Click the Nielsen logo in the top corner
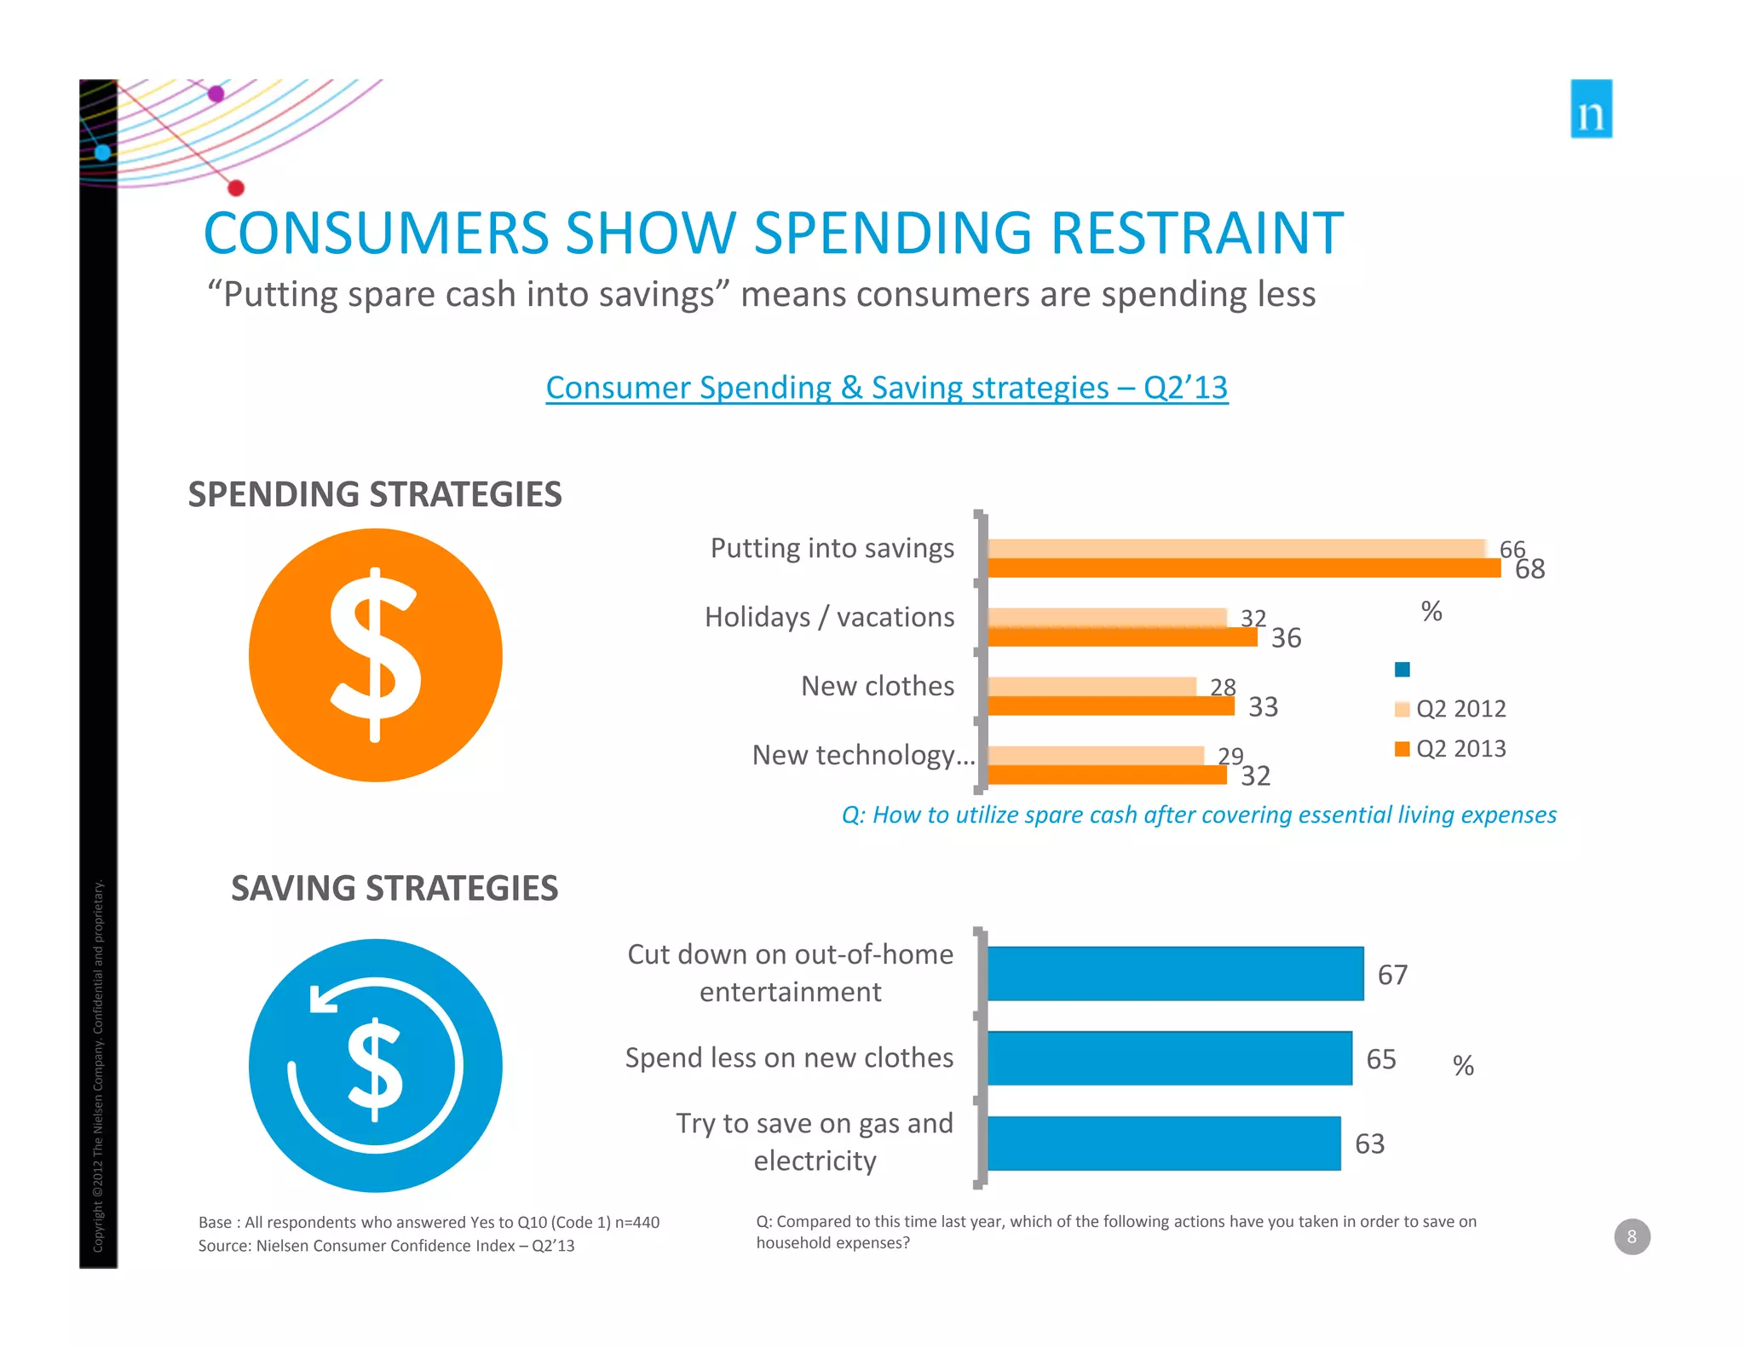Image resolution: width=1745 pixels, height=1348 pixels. click(1591, 109)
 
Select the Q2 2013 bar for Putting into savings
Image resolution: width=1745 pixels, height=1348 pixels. click(1244, 568)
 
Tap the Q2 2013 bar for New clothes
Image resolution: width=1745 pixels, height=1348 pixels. click(1110, 706)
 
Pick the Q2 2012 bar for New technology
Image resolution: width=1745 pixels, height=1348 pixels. click(1095, 755)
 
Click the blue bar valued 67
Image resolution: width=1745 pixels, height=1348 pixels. click(1175, 974)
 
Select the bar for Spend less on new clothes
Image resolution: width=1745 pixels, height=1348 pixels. click(1169, 1058)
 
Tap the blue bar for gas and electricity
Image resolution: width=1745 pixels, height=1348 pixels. click(1163, 1143)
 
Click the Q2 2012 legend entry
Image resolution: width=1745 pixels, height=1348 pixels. click(1451, 709)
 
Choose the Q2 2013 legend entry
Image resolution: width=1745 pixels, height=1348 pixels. click(1451, 749)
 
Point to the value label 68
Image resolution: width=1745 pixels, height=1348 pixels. click(1529, 569)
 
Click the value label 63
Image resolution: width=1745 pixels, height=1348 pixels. click(1369, 1143)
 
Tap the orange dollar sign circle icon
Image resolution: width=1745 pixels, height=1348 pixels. click(375, 654)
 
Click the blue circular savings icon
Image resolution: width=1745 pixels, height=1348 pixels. click(375, 1065)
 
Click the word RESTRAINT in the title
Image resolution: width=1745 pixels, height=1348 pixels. click(1197, 233)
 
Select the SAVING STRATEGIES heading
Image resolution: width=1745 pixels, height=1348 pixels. click(394, 888)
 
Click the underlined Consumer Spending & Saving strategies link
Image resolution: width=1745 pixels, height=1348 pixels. click(886, 388)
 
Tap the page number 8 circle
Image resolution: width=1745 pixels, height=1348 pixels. click(1632, 1236)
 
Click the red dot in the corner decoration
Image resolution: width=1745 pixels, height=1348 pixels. click(236, 187)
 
